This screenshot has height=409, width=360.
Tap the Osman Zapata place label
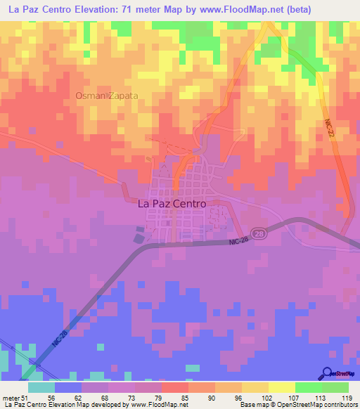pos(107,95)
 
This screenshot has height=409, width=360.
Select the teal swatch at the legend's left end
pos(41,387)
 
